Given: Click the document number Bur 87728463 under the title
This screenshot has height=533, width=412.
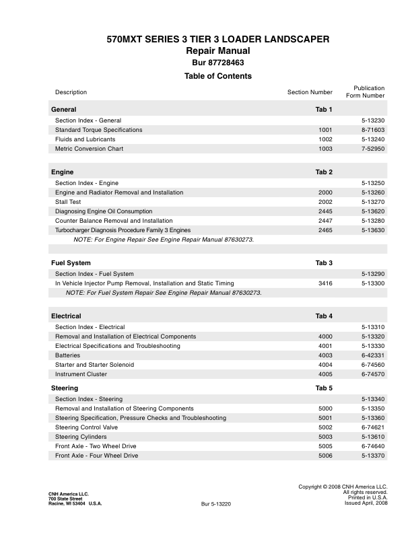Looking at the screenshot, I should pyautogui.click(x=218, y=63).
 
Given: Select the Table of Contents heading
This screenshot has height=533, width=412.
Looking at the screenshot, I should pyautogui.click(x=218, y=76).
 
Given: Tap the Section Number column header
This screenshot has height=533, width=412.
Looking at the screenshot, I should pyautogui.click(x=310, y=92).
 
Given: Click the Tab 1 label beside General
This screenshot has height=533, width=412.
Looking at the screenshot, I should pyautogui.click(x=324, y=110).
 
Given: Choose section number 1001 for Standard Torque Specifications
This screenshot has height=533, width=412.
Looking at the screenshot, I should pyautogui.click(x=325, y=130).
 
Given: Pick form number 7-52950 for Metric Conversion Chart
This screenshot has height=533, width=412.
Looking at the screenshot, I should pyautogui.click(x=373, y=149).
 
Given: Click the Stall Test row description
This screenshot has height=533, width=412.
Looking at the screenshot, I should pyautogui.click(x=69, y=202).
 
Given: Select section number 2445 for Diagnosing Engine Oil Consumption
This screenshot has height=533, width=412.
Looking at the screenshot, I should pyautogui.click(x=325, y=211).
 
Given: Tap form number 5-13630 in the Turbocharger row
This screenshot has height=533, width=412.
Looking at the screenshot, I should pyautogui.click(x=373, y=230).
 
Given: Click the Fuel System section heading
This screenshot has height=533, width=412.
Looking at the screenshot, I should pyautogui.click(x=71, y=262).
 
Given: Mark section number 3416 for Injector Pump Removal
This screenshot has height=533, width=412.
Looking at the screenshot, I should pyautogui.click(x=325, y=283).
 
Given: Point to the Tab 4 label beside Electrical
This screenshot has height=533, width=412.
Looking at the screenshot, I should pyautogui.click(x=324, y=316).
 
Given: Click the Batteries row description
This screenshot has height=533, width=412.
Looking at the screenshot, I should pyautogui.click(x=67, y=355).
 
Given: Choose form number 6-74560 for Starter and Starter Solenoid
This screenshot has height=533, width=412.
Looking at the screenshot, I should pyautogui.click(x=373, y=365).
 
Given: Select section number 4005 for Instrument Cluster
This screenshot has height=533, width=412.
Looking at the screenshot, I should pyautogui.click(x=325, y=374).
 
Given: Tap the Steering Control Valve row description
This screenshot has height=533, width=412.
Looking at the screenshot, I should pyautogui.click(x=86, y=427).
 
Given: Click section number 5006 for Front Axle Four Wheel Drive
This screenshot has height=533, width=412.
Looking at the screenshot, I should pyautogui.click(x=325, y=456).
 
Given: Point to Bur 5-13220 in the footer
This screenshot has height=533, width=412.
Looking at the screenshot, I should pyautogui.click(x=216, y=503).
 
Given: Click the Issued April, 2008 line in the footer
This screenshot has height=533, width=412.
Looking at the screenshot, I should pyautogui.click(x=366, y=503).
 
